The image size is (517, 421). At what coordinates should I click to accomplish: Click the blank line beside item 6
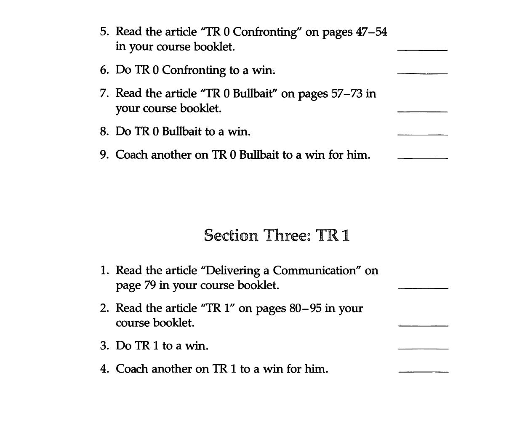[422, 73]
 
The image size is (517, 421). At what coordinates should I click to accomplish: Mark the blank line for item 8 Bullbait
[422, 135]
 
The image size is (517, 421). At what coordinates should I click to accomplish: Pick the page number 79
[150, 285]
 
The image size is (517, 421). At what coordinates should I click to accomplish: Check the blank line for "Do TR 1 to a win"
[423, 349]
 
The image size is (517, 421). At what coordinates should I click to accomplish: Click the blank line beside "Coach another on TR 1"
[423, 372]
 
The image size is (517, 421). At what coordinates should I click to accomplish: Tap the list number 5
[104, 32]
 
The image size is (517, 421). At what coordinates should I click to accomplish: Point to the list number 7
[104, 93]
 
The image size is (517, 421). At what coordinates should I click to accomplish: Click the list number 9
[104, 155]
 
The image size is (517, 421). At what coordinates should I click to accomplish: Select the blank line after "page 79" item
[423, 288]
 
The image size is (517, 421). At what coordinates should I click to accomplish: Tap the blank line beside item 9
[422, 158]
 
